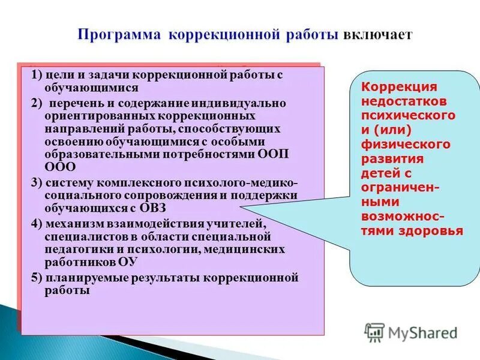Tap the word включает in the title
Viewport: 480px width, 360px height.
coord(377,34)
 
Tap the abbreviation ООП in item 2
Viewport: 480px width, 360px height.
coord(275,153)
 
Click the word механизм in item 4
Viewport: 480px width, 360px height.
coord(72,224)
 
